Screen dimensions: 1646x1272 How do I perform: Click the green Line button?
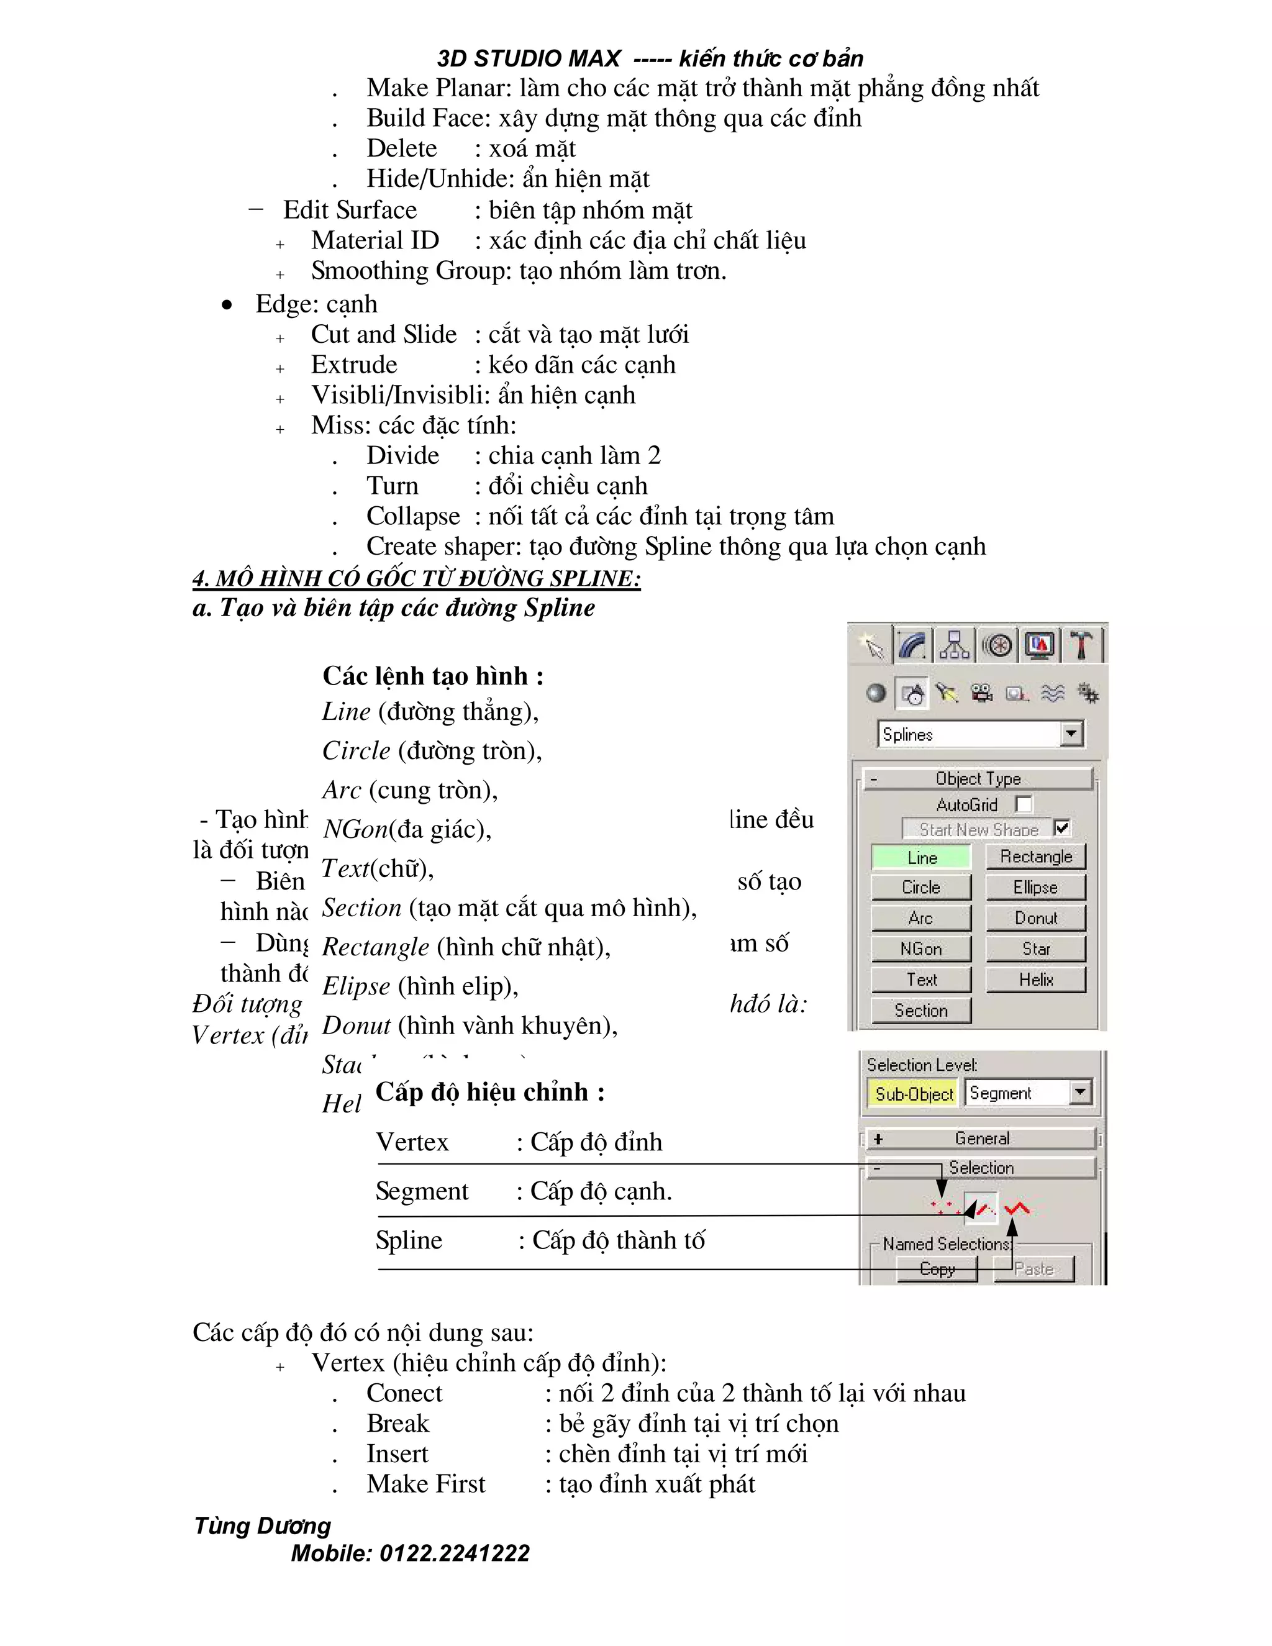click(921, 858)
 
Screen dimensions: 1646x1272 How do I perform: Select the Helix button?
click(1035, 979)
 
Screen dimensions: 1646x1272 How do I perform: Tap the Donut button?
click(1035, 918)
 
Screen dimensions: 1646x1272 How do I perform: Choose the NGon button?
click(921, 949)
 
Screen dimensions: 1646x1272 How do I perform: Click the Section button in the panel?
click(921, 1010)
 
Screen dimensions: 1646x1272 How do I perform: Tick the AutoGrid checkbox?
click(1024, 804)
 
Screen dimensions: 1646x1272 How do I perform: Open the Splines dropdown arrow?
click(1071, 734)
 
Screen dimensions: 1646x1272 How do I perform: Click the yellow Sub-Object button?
click(914, 1094)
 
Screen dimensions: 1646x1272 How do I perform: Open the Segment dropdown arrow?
click(1081, 1092)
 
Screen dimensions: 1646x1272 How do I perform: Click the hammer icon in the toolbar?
click(1081, 646)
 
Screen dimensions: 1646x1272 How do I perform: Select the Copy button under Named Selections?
click(937, 1269)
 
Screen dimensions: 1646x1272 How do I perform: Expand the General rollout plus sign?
click(878, 1139)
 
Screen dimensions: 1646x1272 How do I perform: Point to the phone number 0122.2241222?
click(455, 1553)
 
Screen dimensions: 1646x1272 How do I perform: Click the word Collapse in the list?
click(413, 516)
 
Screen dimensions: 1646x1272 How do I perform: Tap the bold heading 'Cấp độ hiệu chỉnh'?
click(490, 1092)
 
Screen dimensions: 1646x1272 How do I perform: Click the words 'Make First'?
click(425, 1484)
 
